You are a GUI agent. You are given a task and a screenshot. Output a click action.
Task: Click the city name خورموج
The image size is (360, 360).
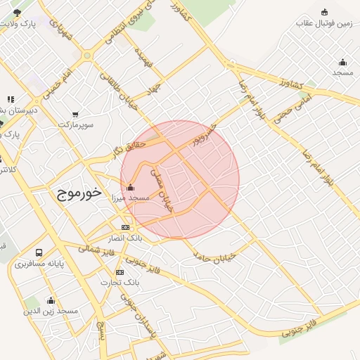(x=79, y=192)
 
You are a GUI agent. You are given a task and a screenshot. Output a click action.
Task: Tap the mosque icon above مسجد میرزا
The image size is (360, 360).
(x=130, y=188)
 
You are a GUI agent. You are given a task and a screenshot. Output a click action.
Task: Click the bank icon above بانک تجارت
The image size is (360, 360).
(x=120, y=272)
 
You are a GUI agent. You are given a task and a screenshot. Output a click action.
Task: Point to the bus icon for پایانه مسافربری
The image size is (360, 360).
(x=39, y=252)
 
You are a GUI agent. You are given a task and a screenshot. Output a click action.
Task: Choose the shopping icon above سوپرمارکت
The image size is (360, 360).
(x=75, y=114)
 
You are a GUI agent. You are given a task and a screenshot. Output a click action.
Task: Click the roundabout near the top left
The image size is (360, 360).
(x=87, y=55)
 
